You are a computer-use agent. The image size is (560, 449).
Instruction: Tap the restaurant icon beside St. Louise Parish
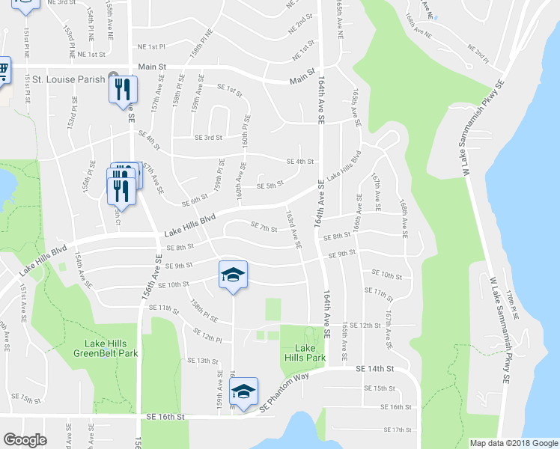pos(122,90)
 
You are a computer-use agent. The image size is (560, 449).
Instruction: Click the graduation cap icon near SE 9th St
pos(233,275)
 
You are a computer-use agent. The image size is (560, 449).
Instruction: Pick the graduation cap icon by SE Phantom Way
pos(243,391)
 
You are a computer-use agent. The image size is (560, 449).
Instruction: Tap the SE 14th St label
pos(374,369)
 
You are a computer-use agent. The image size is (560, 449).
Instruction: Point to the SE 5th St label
pos(270,186)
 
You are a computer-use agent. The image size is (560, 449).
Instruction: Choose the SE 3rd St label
pos(209,137)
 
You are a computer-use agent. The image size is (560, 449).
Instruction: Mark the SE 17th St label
pos(398,430)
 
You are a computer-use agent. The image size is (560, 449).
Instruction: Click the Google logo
pos(25,440)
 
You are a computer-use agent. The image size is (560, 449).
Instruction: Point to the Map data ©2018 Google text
pos(514,443)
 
